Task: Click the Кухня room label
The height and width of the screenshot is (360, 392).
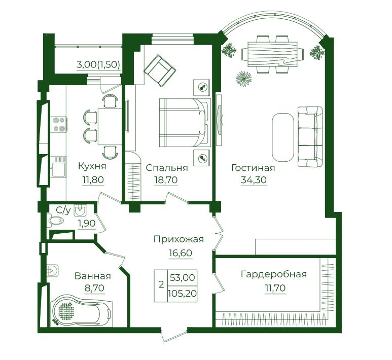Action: pyautogui.click(x=92, y=166)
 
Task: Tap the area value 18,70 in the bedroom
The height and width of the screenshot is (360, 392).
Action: pyautogui.click(x=166, y=179)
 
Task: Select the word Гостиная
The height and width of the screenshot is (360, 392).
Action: pyautogui.click(x=253, y=167)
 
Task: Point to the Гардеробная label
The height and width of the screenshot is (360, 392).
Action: pyautogui.click(x=274, y=274)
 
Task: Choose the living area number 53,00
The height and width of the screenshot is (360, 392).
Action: pyautogui.click(x=182, y=277)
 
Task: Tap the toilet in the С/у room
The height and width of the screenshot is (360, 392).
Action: pyautogui.click(x=56, y=221)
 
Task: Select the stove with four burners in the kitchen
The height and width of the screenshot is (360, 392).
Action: pyautogui.click(x=59, y=124)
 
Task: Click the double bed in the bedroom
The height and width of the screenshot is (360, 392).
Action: pyautogui.click(x=185, y=123)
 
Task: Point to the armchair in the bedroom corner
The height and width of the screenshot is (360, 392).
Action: pyautogui.click(x=160, y=71)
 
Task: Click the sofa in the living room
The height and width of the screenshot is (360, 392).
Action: pyautogui.click(x=310, y=136)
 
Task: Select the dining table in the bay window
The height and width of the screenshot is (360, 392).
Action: pyautogui.click(x=272, y=54)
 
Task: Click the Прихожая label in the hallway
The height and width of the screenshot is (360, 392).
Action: pyautogui.click(x=179, y=239)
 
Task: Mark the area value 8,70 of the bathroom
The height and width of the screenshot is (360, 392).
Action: pyautogui.click(x=94, y=288)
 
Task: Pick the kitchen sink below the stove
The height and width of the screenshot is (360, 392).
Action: pyautogui.click(x=58, y=167)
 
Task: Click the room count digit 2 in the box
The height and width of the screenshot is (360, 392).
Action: pyautogui.click(x=161, y=284)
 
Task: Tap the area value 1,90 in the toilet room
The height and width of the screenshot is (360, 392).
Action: pyautogui.click(x=87, y=223)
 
